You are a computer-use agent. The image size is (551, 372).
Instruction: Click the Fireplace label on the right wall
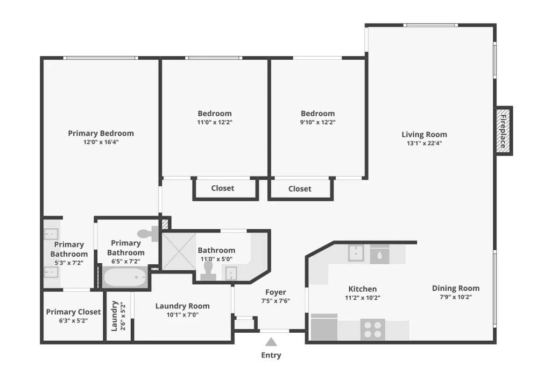tap(503, 131)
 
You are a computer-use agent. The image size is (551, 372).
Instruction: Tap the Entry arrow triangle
tap(271, 342)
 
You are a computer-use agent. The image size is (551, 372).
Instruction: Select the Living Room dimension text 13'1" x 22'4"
tap(424, 143)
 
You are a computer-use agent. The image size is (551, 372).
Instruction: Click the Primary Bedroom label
tap(101, 134)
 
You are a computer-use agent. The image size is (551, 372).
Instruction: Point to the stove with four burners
tap(372, 329)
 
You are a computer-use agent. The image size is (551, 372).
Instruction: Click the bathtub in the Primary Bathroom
tap(125, 277)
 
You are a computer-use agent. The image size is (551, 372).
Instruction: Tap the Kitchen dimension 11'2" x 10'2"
tap(362, 298)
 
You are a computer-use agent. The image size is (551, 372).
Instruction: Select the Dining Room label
tap(455, 289)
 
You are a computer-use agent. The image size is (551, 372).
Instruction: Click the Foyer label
tap(275, 292)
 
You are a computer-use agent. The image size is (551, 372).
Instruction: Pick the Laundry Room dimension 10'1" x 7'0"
tap(182, 315)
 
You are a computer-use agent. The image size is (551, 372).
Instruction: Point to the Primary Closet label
tap(73, 312)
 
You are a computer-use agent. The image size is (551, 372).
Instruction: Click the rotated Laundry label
tap(114, 316)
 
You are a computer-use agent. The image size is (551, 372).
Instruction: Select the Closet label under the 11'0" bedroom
tap(222, 188)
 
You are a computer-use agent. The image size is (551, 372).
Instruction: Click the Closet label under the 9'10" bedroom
tap(300, 189)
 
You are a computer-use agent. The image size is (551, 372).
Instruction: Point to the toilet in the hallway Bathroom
tap(208, 271)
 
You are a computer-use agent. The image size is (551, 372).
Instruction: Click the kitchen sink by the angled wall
tap(356, 253)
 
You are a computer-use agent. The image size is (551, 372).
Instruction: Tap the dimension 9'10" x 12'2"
tap(317, 122)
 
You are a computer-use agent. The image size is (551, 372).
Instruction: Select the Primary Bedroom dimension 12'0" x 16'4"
tap(101, 142)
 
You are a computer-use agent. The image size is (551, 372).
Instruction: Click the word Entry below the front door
tap(271, 355)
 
